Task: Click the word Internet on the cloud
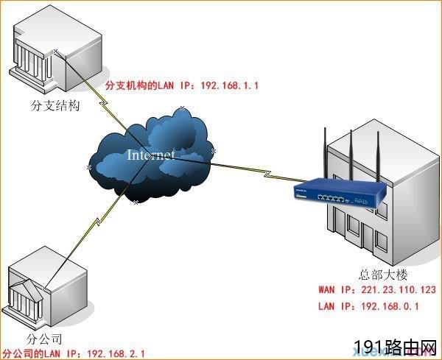150,155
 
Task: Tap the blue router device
340,193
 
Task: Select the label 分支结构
55,105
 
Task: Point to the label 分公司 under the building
44,339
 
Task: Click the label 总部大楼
383,275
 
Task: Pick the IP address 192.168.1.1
229,85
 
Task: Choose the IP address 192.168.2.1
116,353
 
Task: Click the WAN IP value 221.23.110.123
399,289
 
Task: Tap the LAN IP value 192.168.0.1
390,306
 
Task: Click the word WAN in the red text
326,289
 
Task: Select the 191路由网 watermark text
395,347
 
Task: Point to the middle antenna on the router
351,156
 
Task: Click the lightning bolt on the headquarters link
267,174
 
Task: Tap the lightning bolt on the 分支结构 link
103,103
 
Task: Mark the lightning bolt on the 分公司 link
98,222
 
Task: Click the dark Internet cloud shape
150,155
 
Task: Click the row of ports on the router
331,198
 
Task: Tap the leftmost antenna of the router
326,154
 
